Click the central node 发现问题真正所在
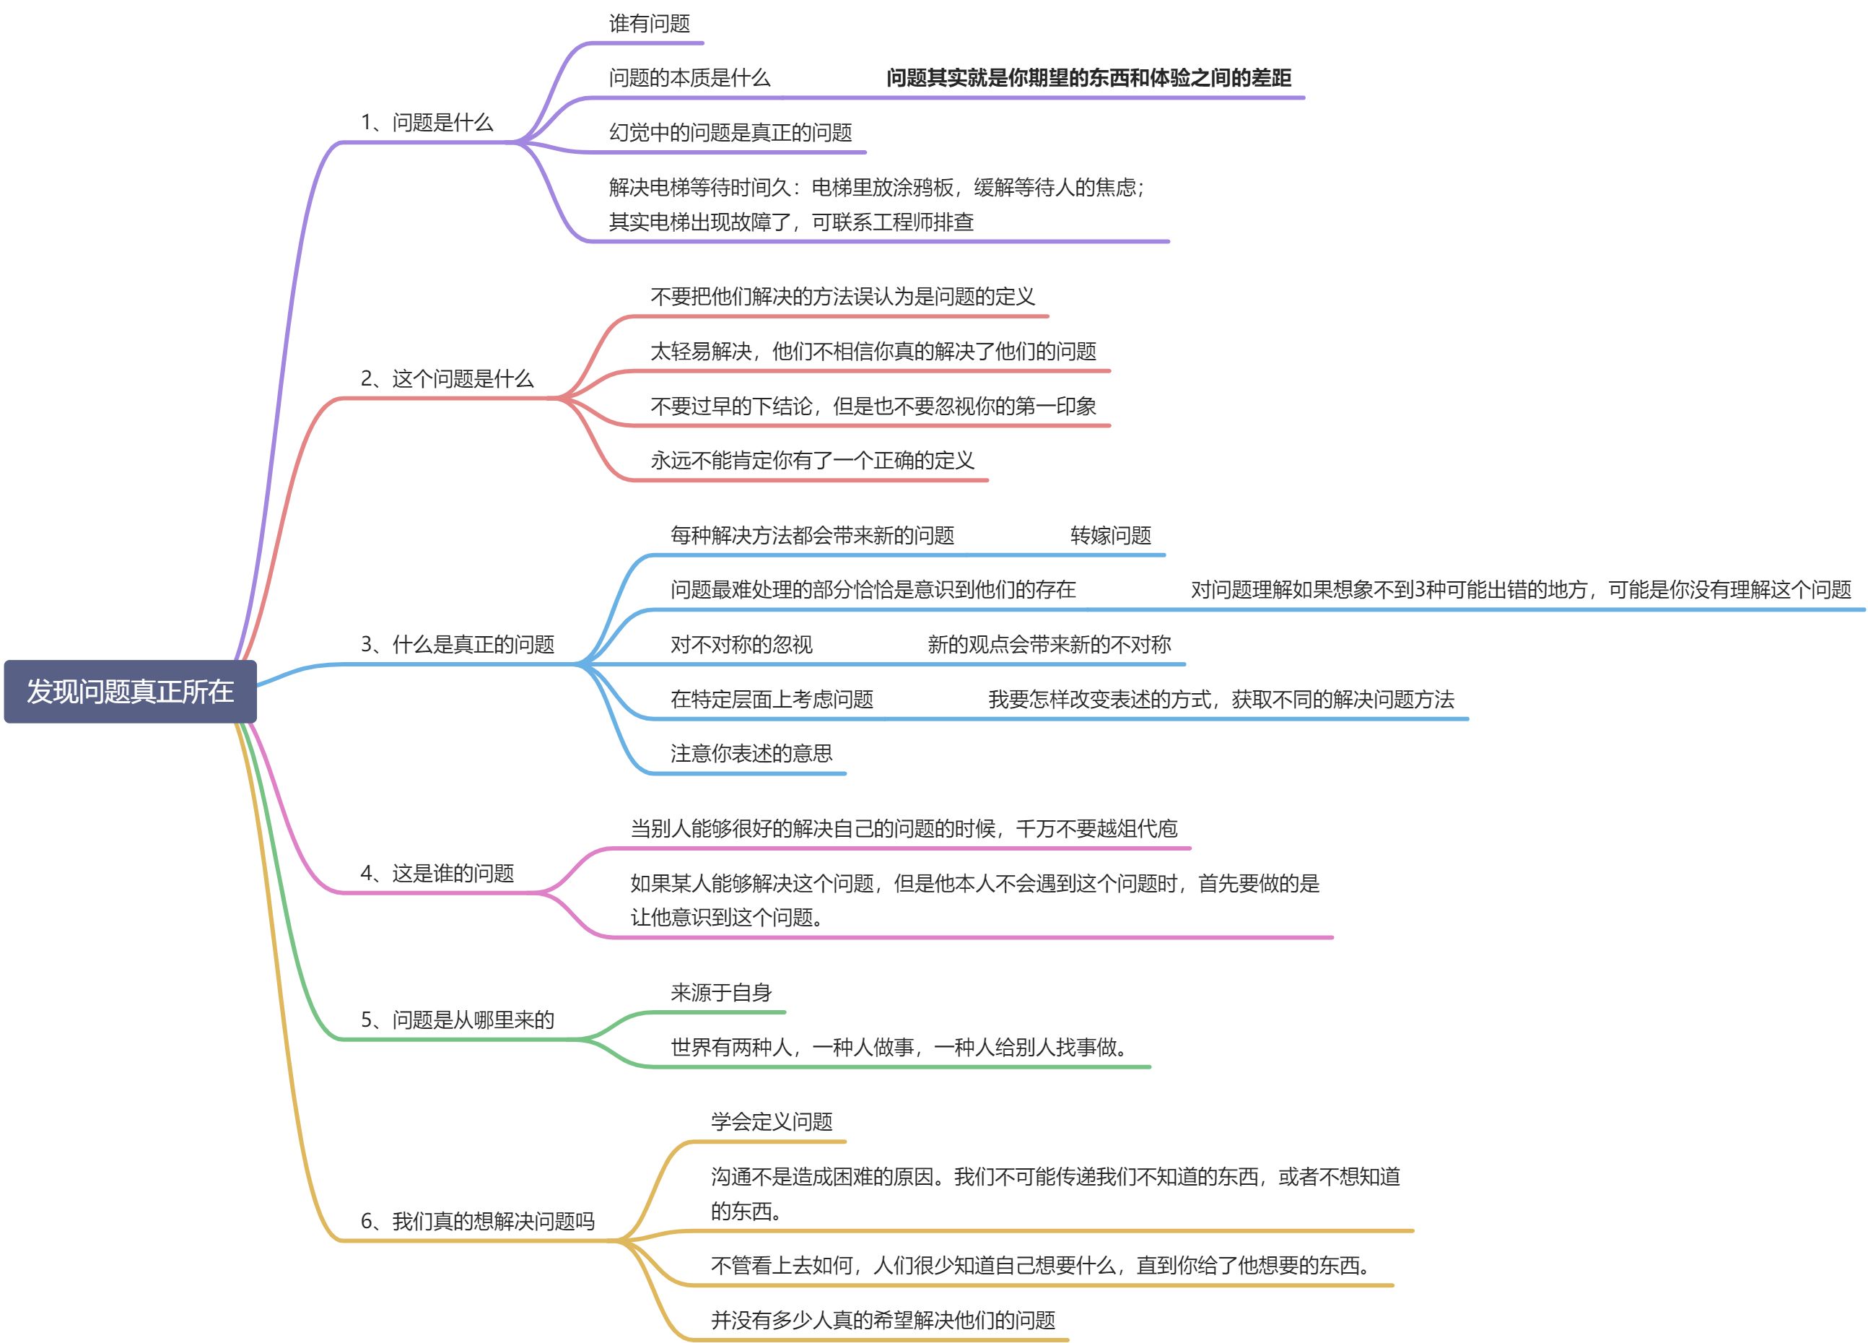coord(130,691)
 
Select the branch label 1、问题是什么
coord(427,123)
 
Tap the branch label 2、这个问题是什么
coord(448,379)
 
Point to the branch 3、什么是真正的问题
coord(457,644)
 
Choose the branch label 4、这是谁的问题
coord(437,874)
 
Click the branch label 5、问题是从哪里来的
coord(457,1020)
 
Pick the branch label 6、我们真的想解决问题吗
coord(478,1221)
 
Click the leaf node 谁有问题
coord(649,24)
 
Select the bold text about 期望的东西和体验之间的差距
coord(1088,78)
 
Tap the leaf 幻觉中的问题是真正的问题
coord(730,133)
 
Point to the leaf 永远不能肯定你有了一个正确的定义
coord(812,461)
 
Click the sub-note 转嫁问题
coord(1110,536)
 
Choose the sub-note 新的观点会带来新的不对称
coord(1049,644)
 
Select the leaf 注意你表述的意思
coord(751,753)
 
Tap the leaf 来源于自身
coord(720,993)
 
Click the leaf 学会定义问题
coord(772,1122)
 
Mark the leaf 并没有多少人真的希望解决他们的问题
coord(883,1320)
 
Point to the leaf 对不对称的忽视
coord(741,644)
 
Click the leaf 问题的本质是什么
coord(689,78)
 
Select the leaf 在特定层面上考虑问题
coord(772,700)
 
